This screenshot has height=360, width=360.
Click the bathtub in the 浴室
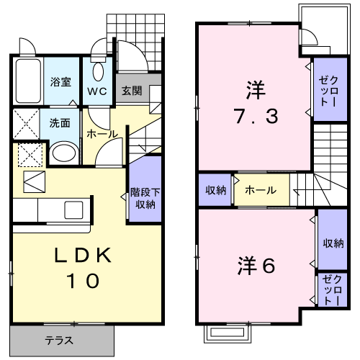pos(28,81)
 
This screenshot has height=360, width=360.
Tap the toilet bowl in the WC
pos(98,72)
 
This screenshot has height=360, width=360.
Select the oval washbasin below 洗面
pos(64,153)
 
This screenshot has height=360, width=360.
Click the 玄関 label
pos(132,91)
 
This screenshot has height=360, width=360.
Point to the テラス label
pos(59,341)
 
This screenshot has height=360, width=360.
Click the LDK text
pos(84,255)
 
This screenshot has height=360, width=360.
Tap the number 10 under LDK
pos(84,281)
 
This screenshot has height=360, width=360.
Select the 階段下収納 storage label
pos(145,198)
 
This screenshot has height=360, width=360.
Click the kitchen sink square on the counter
pos(73,210)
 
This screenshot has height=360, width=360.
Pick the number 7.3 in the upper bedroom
pos(256,116)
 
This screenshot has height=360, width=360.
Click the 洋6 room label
pos(256,266)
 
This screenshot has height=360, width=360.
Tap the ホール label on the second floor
pos(261,190)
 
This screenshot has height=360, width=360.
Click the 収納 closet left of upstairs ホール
pos(215,190)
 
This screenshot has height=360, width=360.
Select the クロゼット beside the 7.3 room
pos(330,89)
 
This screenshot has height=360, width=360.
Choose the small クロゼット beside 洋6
pos(333,289)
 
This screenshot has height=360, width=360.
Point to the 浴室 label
pos(60,82)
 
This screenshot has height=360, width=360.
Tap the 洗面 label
pos(60,123)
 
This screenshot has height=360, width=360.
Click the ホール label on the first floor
pos(102,134)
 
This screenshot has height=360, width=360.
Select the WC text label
pos(97,91)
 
